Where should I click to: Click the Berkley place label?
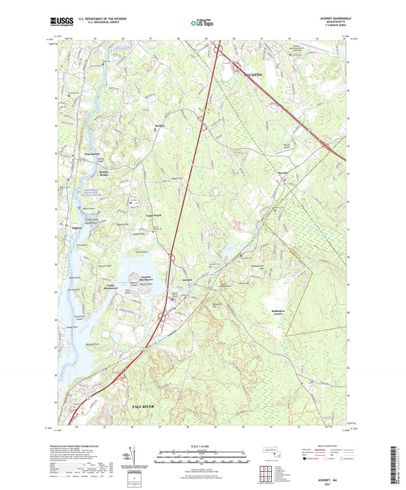(159, 126)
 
